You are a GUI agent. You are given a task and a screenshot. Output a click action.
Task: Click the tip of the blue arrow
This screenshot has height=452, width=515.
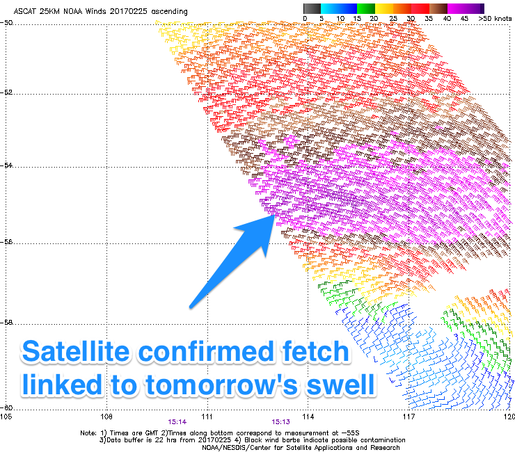275,214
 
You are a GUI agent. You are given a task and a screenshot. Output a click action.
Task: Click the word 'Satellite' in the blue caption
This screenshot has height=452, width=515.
75,351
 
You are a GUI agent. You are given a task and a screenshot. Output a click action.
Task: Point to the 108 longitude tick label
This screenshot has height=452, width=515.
106,417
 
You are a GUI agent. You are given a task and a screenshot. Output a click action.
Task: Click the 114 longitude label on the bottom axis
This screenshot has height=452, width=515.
308,417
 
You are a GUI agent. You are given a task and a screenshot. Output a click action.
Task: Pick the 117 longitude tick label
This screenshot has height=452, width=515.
409,417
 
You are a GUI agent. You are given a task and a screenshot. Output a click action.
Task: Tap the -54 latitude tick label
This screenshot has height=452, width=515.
6,165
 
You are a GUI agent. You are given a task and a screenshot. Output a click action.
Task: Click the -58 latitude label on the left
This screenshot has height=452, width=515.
6,323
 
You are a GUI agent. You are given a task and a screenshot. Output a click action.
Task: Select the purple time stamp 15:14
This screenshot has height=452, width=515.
177,422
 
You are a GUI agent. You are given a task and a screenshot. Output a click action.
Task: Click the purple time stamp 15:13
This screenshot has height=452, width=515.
281,422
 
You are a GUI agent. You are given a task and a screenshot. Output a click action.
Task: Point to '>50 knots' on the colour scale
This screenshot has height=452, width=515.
495,18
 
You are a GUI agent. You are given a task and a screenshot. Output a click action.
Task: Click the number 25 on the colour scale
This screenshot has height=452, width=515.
393,18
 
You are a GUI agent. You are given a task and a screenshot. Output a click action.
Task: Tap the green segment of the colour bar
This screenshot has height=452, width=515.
366,8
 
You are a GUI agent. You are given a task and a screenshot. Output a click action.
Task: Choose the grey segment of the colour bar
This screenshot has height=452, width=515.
312,8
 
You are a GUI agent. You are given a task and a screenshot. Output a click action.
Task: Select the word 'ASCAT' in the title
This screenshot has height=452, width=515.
24,11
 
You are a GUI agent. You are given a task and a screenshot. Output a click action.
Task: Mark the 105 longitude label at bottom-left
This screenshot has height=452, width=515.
6,417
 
